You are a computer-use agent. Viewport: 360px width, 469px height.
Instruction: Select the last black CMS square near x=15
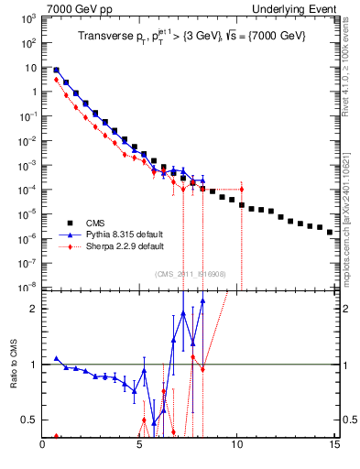(x=330, y=232)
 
